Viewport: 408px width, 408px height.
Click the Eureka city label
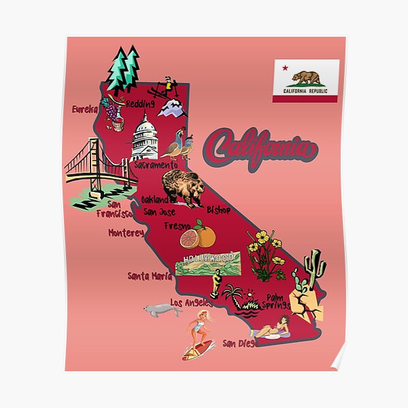pyautogui.click(x=85, y=108)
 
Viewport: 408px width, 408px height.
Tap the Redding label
pyautogui.click(x=140, y=103)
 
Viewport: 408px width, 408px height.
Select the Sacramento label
pyautogui.click(x=156, y=165)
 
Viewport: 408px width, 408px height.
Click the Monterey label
pyautogui.click(x=126, y=233)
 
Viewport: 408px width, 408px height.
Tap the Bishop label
pyautogui.click(x=219, y=210)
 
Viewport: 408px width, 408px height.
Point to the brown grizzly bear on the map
pyautogui.click(x=183, y=188)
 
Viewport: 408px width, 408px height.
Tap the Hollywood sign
pyautogui.click(x=207, y=262)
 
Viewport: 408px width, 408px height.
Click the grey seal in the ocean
pyautogui.click(x=163, y=311)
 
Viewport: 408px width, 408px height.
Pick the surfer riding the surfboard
pyautogui.click(x=200, y=333)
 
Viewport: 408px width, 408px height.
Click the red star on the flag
pyautogui.click(x=284, y=68)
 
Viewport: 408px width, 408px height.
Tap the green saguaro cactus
pyautogui.click(x=314, y=269)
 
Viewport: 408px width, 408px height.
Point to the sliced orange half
pyautogui.click(x=190, y=239)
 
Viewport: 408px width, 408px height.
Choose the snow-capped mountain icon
pyautogui.click(x=171, y=107)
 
